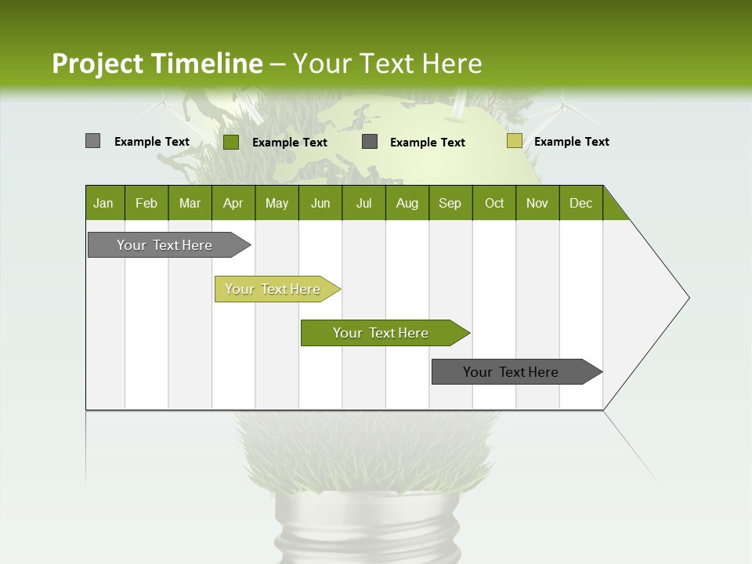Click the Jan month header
point(103,203)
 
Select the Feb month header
point(146,203)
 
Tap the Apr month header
point(233,203)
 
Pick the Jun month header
point(320,203)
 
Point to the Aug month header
point(407,203)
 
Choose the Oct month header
point(494,203)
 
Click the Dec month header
point(580,203)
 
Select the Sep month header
point(450,203)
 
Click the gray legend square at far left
point(92,141)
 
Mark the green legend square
point(231,142)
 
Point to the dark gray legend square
point(370,142)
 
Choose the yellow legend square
point(514,141)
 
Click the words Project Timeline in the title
point(157,63)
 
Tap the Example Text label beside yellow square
point(571,142)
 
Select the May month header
point(277,203)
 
